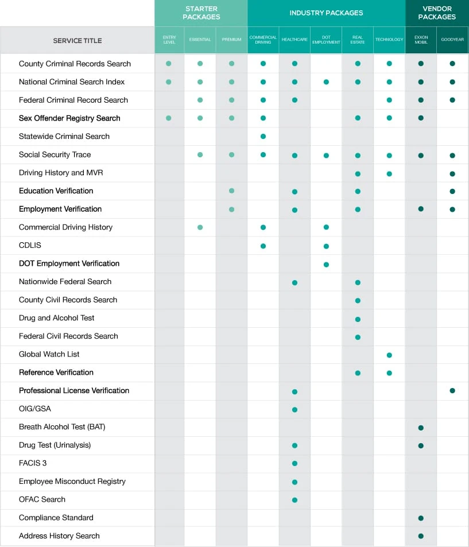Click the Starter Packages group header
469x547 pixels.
pos(201,13)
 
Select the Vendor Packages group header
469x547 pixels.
pos(437,13)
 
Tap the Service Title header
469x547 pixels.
pos(77,41)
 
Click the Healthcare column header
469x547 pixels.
pos(294,40)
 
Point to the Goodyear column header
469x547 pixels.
pos(452,40)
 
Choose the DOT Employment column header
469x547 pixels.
pos(326,40)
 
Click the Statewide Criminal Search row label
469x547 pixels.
pos(64,137)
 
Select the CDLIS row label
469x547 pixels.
pos(30,245)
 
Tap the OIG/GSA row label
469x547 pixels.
pos(35,409)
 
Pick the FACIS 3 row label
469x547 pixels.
pos(33,463)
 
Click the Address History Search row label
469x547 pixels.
pos(59,536)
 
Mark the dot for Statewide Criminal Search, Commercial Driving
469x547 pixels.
pos(263,137)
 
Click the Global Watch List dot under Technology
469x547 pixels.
pos(389,355)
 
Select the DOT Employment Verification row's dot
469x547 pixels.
pos(326,265)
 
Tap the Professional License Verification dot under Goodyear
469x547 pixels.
pos(452,391)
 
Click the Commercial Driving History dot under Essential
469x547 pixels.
pos(200,227)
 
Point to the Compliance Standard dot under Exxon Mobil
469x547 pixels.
pos(421,518)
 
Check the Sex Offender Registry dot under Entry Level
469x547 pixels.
pos(169,118)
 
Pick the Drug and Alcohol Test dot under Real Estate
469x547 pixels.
pos(358,319)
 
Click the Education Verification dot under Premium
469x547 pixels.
pos(232,191)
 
